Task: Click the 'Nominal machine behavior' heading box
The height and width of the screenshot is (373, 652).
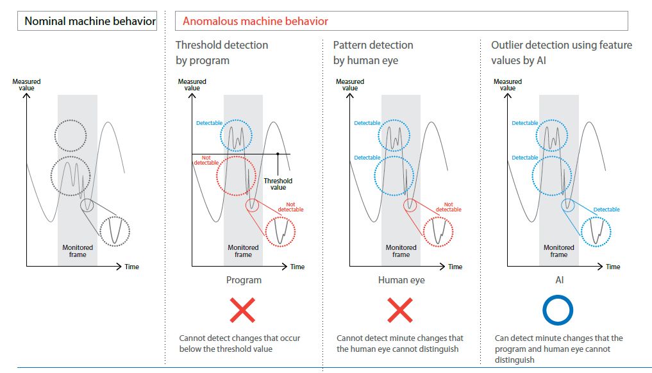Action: click(x=90, y=21)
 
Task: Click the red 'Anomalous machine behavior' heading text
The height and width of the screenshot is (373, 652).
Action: click(x=255, y=21)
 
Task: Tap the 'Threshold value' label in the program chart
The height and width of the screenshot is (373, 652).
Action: click(x=278, y=184)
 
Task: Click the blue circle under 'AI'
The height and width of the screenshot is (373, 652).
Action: click(x=558, y=310)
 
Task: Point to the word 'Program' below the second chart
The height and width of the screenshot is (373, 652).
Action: click(x=244, y=280)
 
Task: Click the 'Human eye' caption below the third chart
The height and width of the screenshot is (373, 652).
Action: click(x=401, y=280)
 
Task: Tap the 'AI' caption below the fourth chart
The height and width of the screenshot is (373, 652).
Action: click(x=559, y=280)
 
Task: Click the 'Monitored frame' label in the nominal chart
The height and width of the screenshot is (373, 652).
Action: click(x=78, y=251)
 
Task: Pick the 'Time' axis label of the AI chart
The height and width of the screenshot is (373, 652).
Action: click(x=613, y=267)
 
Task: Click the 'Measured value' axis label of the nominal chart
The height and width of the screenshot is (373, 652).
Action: click(x=26, y=85)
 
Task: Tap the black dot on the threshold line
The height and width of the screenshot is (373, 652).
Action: click(x=278, y=154)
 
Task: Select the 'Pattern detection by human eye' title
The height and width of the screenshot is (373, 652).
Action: click(x=373, y=53)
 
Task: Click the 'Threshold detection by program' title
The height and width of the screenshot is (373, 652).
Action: click(x=222, y=53)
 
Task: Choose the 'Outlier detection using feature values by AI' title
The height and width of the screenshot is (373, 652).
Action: click(x=562, y=53)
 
